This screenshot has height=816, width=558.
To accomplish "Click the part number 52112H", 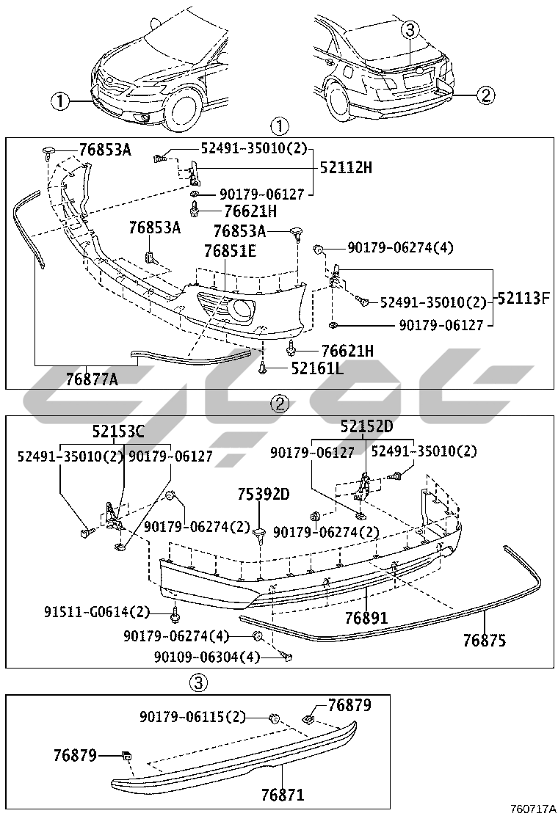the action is [346, 167].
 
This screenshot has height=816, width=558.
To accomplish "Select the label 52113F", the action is [523, 298].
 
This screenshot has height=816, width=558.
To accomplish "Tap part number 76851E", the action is [230, 252].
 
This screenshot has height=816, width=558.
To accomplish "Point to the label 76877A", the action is [92, 379].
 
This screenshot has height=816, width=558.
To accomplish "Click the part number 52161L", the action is [317, 368].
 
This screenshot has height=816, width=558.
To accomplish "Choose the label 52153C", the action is [118, 431].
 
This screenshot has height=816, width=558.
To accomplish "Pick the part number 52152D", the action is [366, 427].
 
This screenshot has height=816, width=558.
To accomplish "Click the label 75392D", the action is [264, 494].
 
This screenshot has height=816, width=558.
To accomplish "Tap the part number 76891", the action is [366, 619].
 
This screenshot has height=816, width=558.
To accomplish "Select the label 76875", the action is [485, 641].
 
